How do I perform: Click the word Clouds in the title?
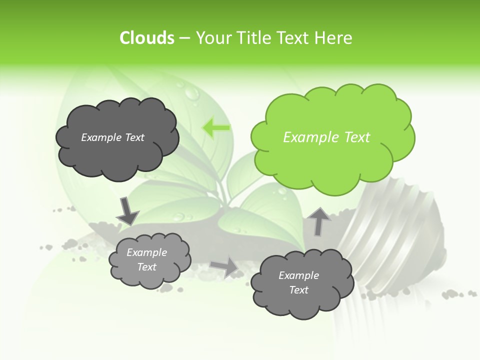click(x=146, y=38)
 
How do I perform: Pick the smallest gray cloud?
click(x=149, y=260)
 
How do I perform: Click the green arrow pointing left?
click(x=216, y=127)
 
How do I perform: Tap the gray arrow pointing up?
click(x=319, y=221)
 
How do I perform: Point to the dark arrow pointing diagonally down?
click(x=127, y=211)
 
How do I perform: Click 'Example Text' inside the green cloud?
click(x=326, y=137)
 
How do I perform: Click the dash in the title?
click(x=184, y=38)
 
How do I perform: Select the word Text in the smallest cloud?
click(x=147, y=267)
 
